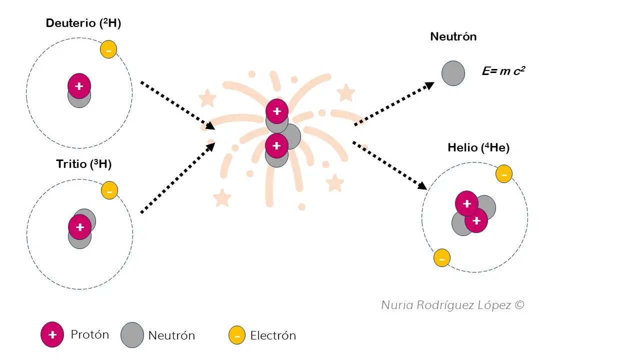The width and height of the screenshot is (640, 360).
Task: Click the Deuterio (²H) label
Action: pyautogui.click(x=83, y=23)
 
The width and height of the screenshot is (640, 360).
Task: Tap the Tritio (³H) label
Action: pyautogui.click(x=83, y=164)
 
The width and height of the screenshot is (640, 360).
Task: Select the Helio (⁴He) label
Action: pyautogui.click(x=478, y=147)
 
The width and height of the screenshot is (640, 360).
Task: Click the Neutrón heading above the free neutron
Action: pyautogui.click(x=453, y=36)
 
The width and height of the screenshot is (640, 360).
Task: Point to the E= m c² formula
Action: pyautogui.click(x=503, y=71)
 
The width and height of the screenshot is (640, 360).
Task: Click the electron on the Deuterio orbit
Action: pyautogui.click(x=108, y=49)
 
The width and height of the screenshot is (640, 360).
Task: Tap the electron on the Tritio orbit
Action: pyautogui.click(x=109, y=190)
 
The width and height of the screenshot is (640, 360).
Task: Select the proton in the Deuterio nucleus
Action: pyautogui.click(x=79, y=86)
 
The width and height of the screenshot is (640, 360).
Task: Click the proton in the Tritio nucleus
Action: pyautogui.click(x=79, y=227)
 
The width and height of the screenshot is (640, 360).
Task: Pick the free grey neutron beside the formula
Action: pyautogui.click(x=453, y=73)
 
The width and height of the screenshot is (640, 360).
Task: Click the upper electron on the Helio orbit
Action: pyautogui.click(x=503, y=174)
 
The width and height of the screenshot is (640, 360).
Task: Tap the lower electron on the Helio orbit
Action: pyautogui.click(x=441, y=258)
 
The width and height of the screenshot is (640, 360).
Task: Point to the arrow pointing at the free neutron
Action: pyautogui.click(x=394, y=104)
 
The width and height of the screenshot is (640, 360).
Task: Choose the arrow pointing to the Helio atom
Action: pyautogui.click(x=390, y=165)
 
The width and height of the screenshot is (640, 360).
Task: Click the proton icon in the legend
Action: pyautogui.click(x=52, y=335)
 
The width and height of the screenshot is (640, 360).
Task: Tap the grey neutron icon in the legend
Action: pyautogui.click(x=132, y=335)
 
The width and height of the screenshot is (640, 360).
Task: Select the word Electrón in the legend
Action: pyautogui.click(x=273, y=335)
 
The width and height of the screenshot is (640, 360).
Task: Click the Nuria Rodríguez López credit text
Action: pyautogui.click(x=452, y=305)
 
